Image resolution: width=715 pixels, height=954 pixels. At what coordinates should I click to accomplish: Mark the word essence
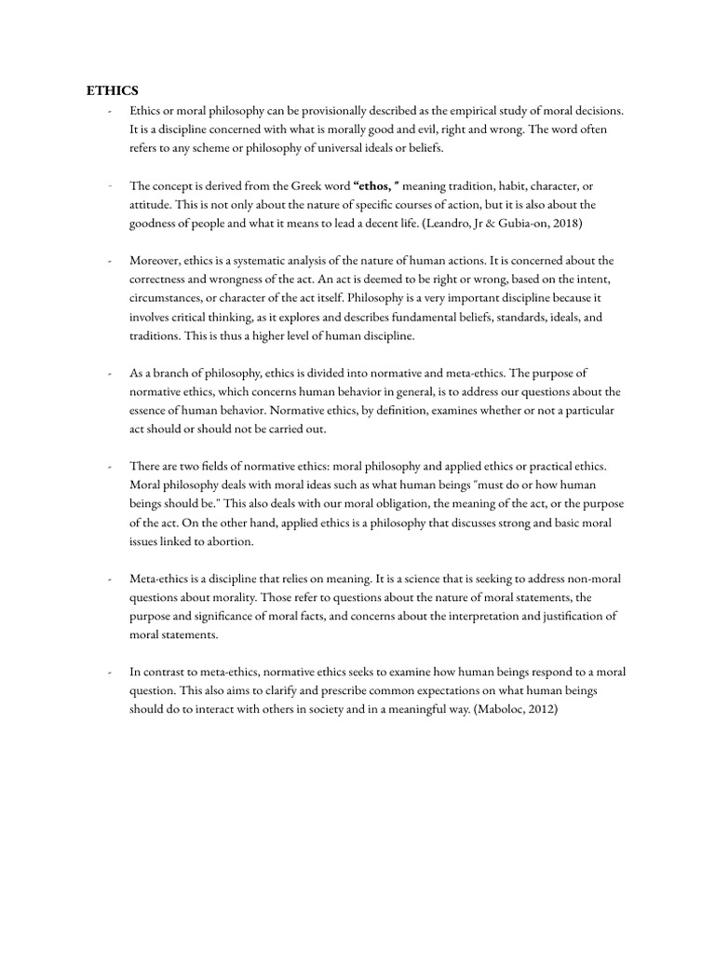[x=153, y=411]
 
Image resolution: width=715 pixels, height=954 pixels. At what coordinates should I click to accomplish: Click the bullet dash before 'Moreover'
[x=110, y=261]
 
